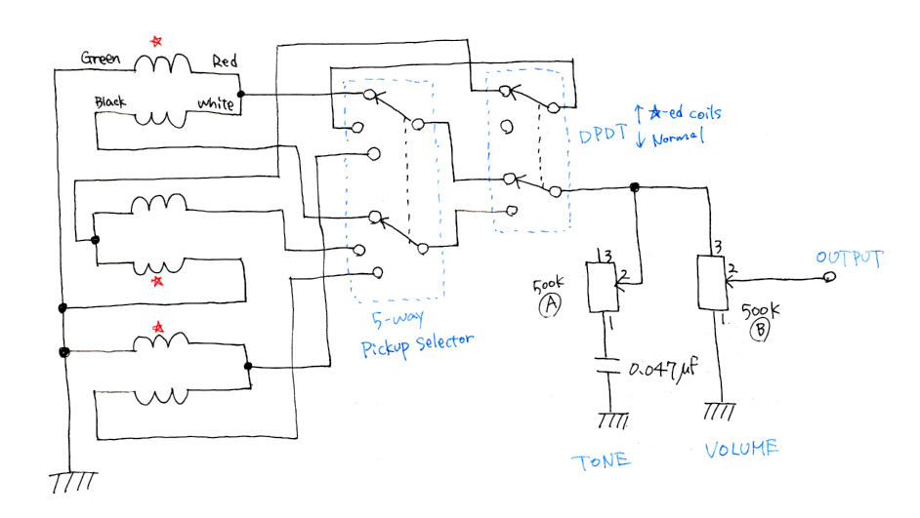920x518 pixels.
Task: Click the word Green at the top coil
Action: coord(101,58)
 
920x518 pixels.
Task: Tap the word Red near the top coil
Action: coord(225,60)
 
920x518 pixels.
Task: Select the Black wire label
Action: coord(110,101)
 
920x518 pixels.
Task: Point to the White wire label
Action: coord(215,103)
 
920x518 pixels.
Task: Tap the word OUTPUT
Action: coord(849,258)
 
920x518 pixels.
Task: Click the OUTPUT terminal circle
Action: coord(829,277)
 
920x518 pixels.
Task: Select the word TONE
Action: coord(602,461)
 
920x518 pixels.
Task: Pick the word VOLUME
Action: coord(741,449)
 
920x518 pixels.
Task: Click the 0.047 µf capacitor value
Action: coord(663,368)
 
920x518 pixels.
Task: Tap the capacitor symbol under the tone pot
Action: coord(607,365)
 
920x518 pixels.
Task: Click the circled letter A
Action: coord(550,304)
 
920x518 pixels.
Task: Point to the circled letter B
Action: coord(761,330)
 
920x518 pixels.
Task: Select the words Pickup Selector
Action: coord(417,344)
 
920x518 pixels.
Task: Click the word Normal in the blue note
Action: coord(678,139)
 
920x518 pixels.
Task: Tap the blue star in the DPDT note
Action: coord(654,112)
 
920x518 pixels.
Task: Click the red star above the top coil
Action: coord(156,41)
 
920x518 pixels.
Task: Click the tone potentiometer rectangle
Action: coord(602,287)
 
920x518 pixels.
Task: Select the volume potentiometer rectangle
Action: coord(712,283)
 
